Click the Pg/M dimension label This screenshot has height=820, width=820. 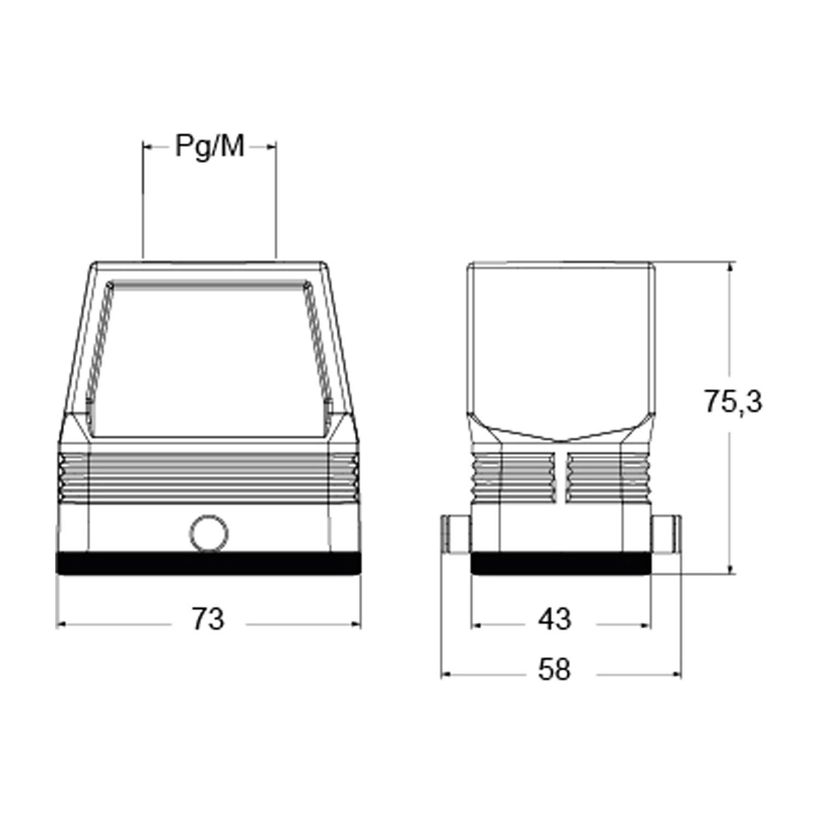tap(209, 146)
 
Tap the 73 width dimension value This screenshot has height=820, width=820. tap(208, 619)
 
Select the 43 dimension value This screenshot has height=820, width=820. tap(554, 619)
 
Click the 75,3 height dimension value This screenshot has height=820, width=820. tap(733, 402)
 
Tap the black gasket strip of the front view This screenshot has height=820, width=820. tap(209, 564)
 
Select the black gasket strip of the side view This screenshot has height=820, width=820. tap(561, 564)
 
